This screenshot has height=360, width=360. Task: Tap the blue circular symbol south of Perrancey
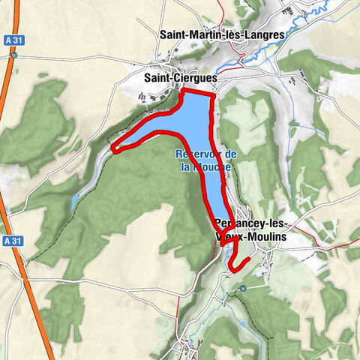tap(243, 289)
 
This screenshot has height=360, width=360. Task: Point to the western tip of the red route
tap(114, 148)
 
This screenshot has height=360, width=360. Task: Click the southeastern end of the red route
tap(247, 259)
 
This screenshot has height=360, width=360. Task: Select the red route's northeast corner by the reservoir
tap(214, 97)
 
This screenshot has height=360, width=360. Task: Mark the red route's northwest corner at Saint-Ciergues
tap(184, 91)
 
